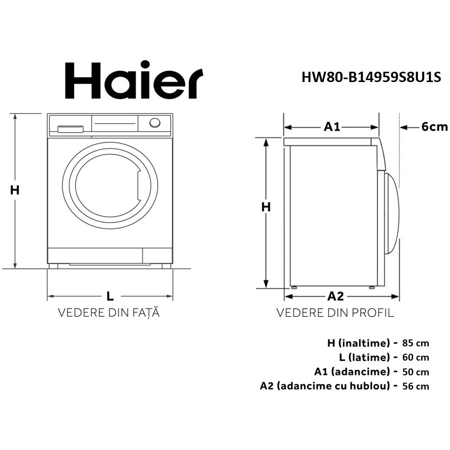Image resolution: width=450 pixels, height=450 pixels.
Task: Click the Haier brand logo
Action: click(134, 81)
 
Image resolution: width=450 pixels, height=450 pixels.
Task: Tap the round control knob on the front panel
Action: click(155, 123)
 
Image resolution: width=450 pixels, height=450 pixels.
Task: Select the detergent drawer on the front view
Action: click(70, 129)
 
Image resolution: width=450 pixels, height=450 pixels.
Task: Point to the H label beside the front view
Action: click(15, 190)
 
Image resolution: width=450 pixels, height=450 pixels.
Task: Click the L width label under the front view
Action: click(110, 296)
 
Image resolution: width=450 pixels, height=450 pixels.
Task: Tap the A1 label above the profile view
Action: click(332, 127)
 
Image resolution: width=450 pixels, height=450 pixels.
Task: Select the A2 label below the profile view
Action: click(335, 296)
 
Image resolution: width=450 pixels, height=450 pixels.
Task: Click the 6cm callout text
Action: click(434, 127)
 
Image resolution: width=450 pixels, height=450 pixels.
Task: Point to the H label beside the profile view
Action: click(266, 207)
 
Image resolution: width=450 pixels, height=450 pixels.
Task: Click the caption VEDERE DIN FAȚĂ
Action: click(109, 313)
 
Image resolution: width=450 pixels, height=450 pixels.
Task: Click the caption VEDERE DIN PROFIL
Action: click(335, 313)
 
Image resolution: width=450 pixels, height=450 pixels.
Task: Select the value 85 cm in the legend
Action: click(415, 342)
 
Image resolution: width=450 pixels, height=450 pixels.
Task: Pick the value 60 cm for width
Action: click(415, 357)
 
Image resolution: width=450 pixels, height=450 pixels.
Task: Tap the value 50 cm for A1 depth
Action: click(415, 371)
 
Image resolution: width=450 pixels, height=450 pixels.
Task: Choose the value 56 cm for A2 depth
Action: click(415, 386)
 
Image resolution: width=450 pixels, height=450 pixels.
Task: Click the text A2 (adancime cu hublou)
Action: click(325, 386)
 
